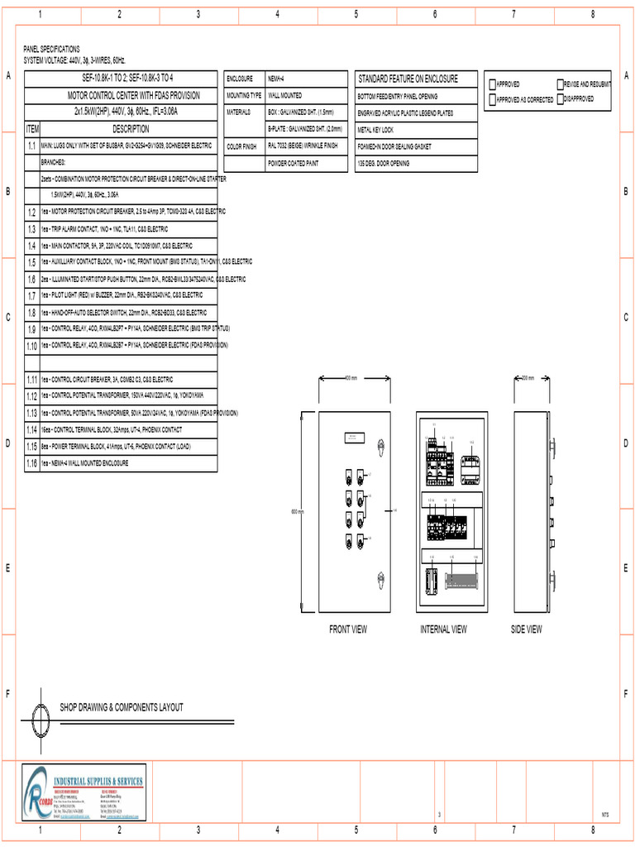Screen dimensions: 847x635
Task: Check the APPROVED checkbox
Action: click(492, 84)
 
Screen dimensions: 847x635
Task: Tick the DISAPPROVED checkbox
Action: click(561, 98)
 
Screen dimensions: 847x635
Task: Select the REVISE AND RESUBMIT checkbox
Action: click(561, 84)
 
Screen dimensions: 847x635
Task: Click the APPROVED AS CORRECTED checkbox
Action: click(492, 99)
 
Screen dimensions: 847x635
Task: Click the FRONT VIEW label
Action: click(348, 629)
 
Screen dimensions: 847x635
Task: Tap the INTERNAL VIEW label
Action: click(443, 629)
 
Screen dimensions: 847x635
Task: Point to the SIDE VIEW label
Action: click(527, 629)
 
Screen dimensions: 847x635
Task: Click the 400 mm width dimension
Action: click(351, 378)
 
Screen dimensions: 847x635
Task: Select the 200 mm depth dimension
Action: click(527, 378)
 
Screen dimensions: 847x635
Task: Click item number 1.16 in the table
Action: click(31, 464)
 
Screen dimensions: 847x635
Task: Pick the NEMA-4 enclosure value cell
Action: click(306, 79)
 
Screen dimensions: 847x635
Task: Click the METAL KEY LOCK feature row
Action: click(416, 130)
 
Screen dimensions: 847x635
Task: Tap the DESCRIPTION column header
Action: click(131, 129)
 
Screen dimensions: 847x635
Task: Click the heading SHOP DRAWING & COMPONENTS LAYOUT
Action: click(122, 707)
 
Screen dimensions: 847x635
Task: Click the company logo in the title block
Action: click(38, 792)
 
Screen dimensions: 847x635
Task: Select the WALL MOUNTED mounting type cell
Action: click(306, 95)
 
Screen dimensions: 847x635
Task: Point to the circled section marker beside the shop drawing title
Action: click(41, 714)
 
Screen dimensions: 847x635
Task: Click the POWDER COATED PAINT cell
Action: click(306, 164)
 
